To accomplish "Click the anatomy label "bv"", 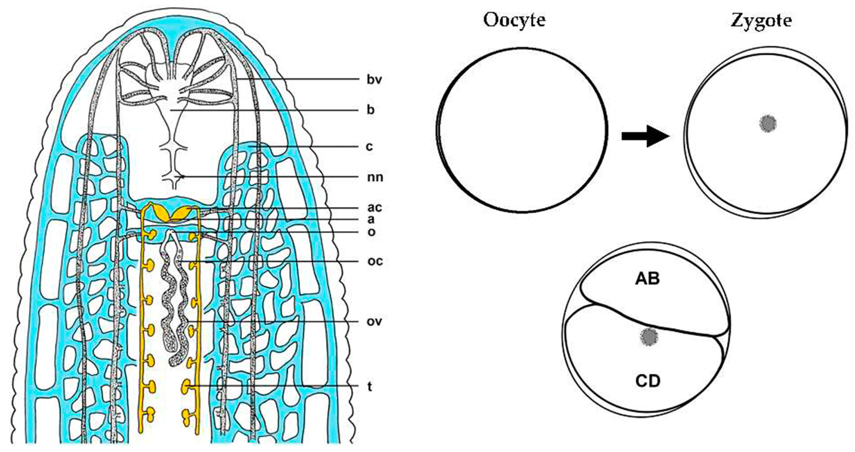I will (374, 80).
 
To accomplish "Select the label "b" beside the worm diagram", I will (370, 110).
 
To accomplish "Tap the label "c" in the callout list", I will (369, 146).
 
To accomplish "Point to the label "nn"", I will (375, 177).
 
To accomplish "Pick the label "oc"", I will (375, 261).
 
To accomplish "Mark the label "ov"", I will (374, 321).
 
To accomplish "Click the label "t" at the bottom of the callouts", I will (369, 386).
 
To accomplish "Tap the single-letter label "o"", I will (371, 232).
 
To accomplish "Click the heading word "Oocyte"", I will (514, 21).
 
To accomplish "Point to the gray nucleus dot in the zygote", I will (768, 124).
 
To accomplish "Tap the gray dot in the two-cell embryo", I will (649, 337).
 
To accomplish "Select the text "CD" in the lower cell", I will (648, 381).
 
